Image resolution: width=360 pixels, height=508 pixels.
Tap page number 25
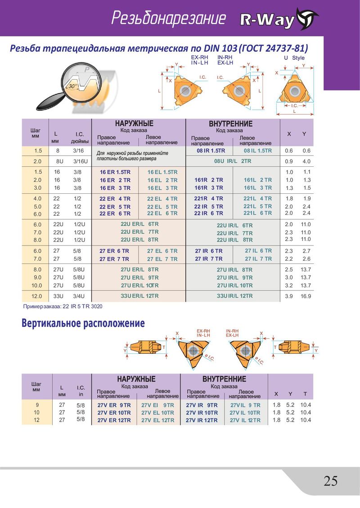[x=330, y=481]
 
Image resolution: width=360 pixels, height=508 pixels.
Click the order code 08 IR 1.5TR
[x=211, y=151]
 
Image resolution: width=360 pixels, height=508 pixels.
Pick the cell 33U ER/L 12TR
[x=140, y=296]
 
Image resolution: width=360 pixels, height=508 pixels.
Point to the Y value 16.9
[x=306, y=296]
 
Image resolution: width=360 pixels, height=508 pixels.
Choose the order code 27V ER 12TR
[x=114, y=420]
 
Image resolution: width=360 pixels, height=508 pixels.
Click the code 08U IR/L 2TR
[x=233, y=161]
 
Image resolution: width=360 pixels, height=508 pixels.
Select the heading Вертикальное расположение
[x=83, y=323]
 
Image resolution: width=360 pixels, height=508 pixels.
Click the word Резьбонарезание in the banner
[x=168, y=18]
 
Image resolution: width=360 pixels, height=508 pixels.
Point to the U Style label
[x=294, y=58]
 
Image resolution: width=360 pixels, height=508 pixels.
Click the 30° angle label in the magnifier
[x=72, y=86]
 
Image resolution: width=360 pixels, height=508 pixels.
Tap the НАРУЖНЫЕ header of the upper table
[x=134, y=124]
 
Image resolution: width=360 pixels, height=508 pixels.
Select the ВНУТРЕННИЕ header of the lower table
[x=224, y=379]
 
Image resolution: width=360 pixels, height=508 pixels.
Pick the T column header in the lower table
[x=305, y=394]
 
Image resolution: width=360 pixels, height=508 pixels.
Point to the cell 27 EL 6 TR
[x=162, y=251]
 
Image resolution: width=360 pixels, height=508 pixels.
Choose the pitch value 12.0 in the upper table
[x=36, y=296]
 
